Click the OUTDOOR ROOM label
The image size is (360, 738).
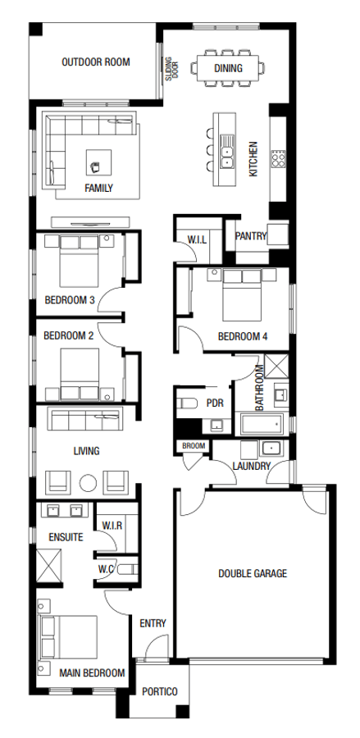coord(95,61)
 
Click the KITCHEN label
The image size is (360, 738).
coord(253,158)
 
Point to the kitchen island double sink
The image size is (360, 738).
coord(226,151)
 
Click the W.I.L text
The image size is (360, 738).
coord(197,239)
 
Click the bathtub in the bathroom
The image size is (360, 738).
coord(262,425)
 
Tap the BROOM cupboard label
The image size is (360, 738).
coord(194,446)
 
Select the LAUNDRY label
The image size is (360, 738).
coord(252,466)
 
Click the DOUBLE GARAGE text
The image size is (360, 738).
coord(253,573)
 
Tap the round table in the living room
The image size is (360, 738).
coord(88,481)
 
